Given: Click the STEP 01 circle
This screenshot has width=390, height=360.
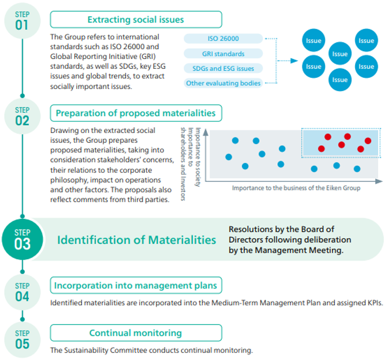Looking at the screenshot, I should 22,20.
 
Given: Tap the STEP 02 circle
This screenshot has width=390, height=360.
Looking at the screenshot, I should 22,115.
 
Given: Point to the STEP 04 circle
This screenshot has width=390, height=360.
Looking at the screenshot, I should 22,291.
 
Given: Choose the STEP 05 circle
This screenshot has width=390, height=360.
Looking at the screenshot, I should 22,339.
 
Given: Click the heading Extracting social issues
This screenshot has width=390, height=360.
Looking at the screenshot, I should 135,20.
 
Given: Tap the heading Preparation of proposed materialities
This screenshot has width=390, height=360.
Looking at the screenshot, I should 135,113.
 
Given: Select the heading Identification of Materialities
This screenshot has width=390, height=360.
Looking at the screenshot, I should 136,240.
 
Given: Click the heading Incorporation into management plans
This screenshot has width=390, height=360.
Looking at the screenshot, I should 135,285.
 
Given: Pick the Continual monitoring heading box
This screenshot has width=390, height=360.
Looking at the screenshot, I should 135,333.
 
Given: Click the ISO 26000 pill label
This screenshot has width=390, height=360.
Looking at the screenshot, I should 223,39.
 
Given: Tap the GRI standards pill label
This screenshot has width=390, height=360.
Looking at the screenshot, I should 223,54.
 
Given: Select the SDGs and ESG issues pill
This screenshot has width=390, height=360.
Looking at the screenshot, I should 223,68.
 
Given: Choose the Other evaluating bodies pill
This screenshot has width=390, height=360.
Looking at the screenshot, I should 223,83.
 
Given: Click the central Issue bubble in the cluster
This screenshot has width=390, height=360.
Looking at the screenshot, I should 340,54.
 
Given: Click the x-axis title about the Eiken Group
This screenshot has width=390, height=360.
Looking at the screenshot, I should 296,188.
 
